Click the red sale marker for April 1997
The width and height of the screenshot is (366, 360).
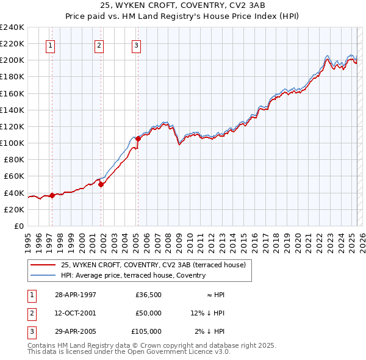(x=52, y=195)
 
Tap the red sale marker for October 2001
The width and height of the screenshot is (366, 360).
(x=101, y=184)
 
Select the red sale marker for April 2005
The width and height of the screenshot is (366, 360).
(x=138, y=139)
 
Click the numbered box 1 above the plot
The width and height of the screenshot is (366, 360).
(x=50, y=45)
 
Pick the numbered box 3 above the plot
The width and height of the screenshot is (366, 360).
(x=136, y=45)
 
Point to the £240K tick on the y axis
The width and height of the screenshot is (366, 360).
(x=12, y=27)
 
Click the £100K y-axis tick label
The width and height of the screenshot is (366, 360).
(x=12, y=143)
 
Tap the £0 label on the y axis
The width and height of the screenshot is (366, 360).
(x=18, y=226)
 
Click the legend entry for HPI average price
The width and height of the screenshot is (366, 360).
(x=134, y=275)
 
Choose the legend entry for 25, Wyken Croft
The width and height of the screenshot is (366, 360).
(x=152, y=265)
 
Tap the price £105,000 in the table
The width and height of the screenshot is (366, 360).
(x=146, y=331)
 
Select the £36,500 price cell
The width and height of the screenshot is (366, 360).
(x=148, y=295)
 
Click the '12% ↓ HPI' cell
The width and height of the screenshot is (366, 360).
(x=207, y=313)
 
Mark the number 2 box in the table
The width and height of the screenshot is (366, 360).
(x=30, y=313)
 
